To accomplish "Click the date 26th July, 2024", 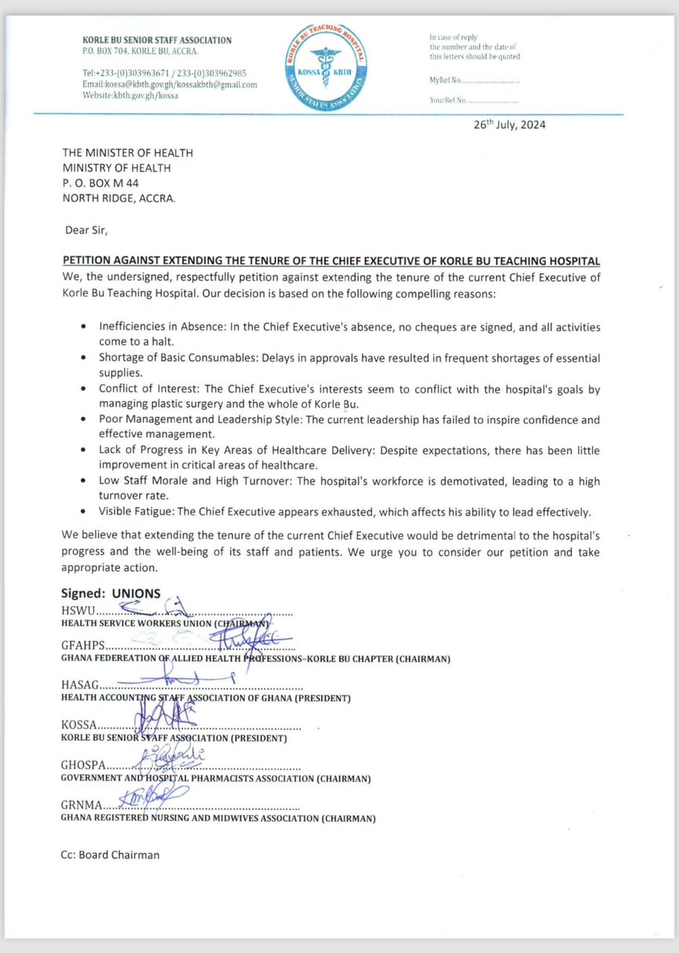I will coord(509,125).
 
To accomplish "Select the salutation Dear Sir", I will coord(86,229).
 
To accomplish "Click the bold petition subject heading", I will coord(331,261).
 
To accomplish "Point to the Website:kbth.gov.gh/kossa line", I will coord(130,96).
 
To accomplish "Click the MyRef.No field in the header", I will coord(474,80).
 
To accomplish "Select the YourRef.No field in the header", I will coord(474,100).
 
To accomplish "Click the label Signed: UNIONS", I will coord(111,593).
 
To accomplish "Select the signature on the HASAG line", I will coord(179,679).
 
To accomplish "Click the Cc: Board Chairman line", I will coord(110,855).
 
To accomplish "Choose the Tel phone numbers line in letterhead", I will coord(165,73).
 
